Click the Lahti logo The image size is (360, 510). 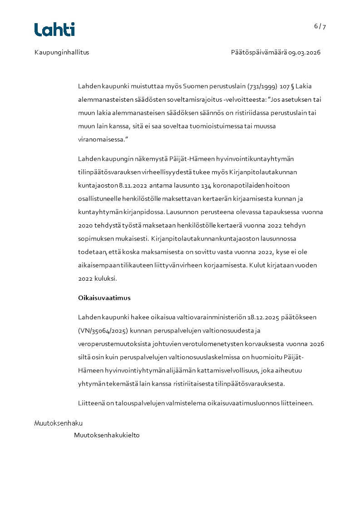point(54,30)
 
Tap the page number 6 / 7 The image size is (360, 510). point(320,26)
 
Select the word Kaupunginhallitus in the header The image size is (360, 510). point(62,52)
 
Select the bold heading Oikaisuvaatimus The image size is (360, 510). point(104,298)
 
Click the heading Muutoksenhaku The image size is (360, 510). point(59,423)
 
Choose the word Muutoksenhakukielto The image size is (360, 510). point(107,435)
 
